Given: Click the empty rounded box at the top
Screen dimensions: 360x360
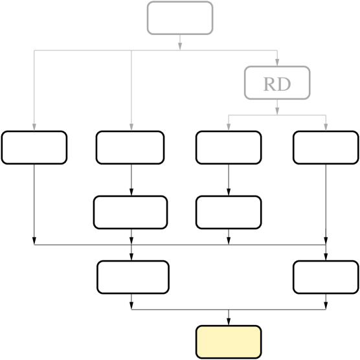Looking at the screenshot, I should (x=180, y=18).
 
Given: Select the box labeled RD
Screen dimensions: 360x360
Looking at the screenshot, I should (x=277, y=83).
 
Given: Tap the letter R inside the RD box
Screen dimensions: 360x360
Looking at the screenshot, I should (x=269, y=84).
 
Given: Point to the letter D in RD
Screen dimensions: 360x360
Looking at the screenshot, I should (x=284, y=84).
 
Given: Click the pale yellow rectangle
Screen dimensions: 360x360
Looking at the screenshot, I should (x=229, y=342).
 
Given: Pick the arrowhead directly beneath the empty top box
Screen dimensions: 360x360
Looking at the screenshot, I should (x=180, y=46).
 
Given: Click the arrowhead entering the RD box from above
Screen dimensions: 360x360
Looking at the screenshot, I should (x=277, y=62).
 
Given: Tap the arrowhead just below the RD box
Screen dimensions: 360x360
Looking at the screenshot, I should (x=277, y=111).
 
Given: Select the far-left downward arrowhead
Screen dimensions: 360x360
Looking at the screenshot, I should (x=34, y=127).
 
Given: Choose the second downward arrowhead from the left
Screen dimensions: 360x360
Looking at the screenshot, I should (x=131, y=127).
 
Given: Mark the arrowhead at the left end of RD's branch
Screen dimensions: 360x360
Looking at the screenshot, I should (x=229, y=127).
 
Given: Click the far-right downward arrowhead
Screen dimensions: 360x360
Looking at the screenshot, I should (x=326, y=127).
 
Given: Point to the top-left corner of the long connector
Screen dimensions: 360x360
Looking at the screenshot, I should (x=34, y=51).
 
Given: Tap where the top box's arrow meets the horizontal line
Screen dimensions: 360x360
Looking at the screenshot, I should (x=180, y=51).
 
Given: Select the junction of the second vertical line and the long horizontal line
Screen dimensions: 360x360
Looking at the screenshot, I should (x=131, y=51).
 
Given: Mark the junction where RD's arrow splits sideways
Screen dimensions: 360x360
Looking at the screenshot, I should (x=277, y=115).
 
